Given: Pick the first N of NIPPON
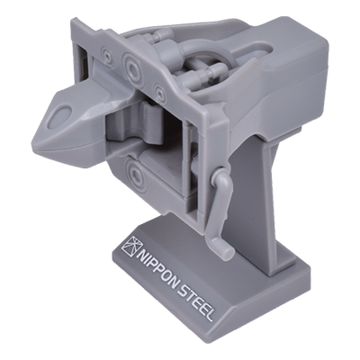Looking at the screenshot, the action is coord(143,253).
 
